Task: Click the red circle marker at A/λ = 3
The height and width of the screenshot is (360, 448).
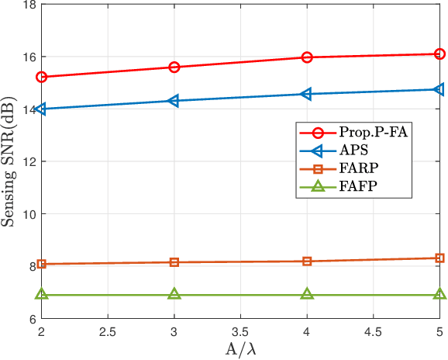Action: tap(174, 67)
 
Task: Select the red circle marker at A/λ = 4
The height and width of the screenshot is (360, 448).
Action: tap(307, 57)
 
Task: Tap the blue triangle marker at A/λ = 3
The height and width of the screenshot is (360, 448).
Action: tap(174, 101)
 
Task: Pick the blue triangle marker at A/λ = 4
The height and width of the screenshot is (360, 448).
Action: tap(306, 94)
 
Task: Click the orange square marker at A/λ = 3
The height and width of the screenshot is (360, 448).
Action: tap(174, 262)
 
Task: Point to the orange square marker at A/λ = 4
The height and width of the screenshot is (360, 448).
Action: tap(307, 261)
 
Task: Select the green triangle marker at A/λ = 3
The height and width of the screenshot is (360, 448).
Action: tap(174, 294)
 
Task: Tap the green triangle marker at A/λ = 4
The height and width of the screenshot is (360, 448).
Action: tap(307, 294)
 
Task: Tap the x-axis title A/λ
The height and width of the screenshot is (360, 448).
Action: tap(241, 350)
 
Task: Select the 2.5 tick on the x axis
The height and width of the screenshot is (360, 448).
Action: tap(108, 331)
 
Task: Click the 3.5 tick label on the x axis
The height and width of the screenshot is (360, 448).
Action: tap(241, 331)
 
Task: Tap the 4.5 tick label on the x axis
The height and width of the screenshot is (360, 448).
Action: tap(374, 331)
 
